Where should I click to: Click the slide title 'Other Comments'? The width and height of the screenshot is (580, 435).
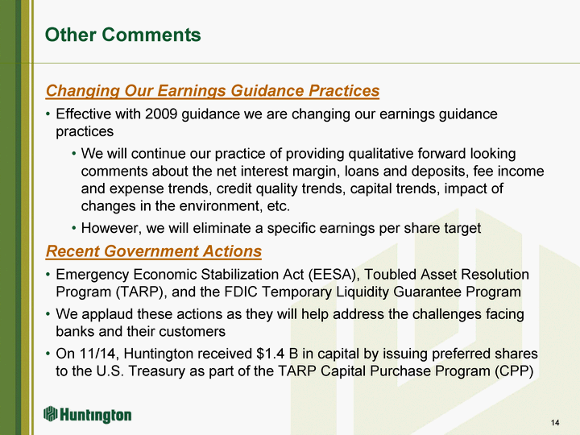coord(122,35)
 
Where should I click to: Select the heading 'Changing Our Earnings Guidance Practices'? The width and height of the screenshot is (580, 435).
coord(213,90)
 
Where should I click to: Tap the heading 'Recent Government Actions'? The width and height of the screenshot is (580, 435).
coord(154,251)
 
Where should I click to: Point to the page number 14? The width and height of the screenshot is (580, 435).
coord(555,422)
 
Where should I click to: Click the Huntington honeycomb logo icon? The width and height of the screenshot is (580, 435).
coord(50,414)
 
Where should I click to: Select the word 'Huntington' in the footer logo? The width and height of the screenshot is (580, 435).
coord(96,416)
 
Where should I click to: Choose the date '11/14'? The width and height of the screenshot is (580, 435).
coord(97,354)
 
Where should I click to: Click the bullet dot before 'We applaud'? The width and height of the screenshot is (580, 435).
coord(48,314)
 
